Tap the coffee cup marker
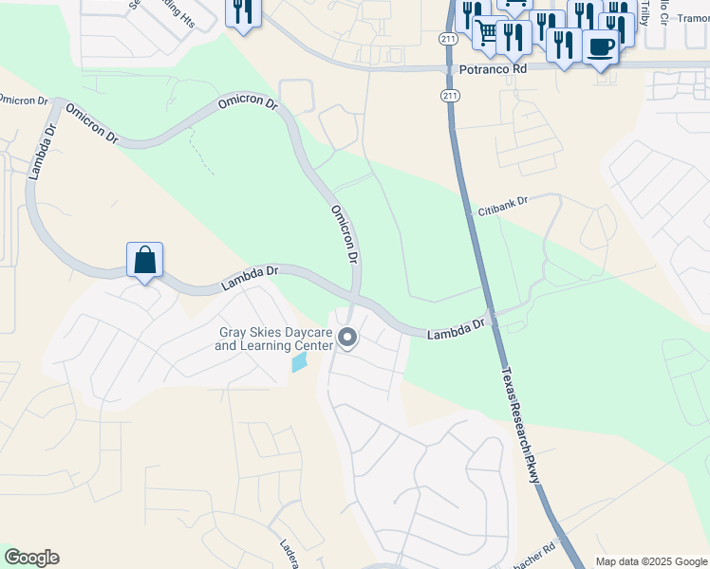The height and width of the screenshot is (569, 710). (599, 46)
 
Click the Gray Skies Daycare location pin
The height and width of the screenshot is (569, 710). (348, 338)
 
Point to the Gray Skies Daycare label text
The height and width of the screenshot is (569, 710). (275, 339)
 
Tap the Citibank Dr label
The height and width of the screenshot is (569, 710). (502, 204)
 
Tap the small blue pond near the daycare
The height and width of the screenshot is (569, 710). (300, 362)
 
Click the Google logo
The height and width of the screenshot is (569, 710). (31, 558)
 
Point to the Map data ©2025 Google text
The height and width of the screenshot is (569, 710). (651, 561)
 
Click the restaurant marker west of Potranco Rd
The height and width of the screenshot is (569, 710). (243, 11)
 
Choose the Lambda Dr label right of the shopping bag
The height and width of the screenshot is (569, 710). (250, 277)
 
